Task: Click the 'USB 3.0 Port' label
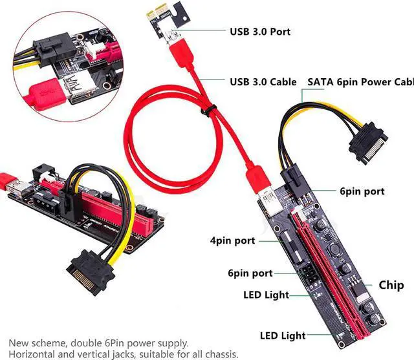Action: tap(260, 31)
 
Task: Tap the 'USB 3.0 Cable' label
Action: tap(263, 82)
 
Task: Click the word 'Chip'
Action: tap(391, 285)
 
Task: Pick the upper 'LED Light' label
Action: tap(266, 295)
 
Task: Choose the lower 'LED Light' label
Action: tap(283, 335)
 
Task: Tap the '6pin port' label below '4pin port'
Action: tap(249, 273)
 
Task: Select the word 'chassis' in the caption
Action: tap(221, 354)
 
